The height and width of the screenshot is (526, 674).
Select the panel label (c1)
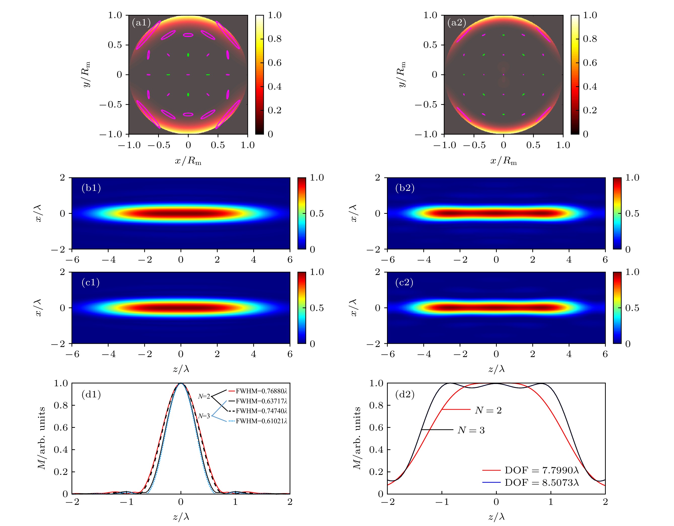pos(90,282)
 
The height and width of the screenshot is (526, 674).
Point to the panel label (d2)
pos(405,394)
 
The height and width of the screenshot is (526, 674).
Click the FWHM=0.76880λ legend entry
pos(261,391)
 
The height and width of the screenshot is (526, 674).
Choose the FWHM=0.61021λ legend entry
pos(261,421)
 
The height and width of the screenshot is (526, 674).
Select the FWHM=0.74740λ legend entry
pos(261,411)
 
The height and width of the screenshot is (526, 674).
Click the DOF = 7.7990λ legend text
pos(541,470)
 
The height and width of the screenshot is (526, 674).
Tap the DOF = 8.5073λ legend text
pos(541,482)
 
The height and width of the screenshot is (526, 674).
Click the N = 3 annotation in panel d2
pos(471,430)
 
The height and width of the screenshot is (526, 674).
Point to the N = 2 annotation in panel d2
pos(488,410)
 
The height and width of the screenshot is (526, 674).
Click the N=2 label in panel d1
pos(204,396)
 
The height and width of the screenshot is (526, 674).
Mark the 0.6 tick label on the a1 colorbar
pos(274,63)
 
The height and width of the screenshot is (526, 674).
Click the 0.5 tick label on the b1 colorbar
pos(317,214)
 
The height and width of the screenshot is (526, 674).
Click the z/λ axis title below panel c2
pos(496,369)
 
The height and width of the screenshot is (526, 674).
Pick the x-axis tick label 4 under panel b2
pos(569,260)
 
